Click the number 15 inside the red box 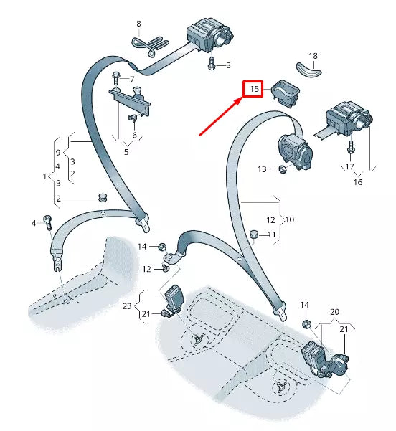coord(253,90)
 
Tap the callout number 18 coord(313,56)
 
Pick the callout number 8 coord(139,24)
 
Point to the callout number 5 coord(126,151)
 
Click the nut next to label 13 coord(282,169)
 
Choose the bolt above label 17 coord(350,148)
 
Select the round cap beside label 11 coord(253,234)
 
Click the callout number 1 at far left coord(44,176)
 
